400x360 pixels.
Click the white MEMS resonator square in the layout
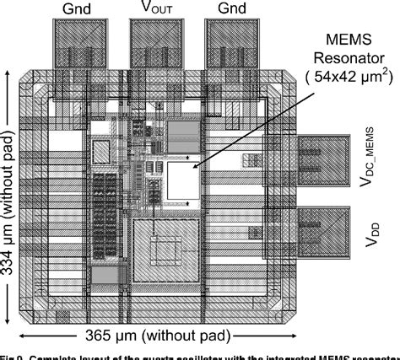(x=181, y=180)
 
